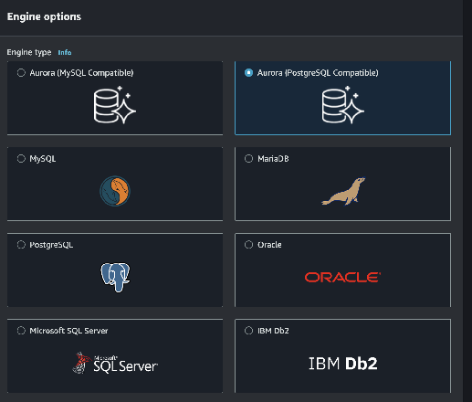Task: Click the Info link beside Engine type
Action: coord(65,52)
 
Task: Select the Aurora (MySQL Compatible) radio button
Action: coord(21,73)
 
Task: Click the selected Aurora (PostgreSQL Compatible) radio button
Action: coord(248,73)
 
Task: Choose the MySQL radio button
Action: coord(21,159)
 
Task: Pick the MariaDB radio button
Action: coord(248,159)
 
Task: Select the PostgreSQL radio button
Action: coord(21,245)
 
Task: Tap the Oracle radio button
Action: coord(248,245)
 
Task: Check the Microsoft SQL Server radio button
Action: coord(21,331)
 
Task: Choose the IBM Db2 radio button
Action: coord(248,331)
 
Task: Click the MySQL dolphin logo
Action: coord(115,191)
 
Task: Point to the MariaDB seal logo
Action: coord(343,191)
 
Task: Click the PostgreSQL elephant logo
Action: coord(115,277)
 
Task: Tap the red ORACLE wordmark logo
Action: coord(342,277)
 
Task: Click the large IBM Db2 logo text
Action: coord(343,364)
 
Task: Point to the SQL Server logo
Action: coord(115,363)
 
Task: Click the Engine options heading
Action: coord(44,16)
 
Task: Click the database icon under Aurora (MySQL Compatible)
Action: coord(114,105)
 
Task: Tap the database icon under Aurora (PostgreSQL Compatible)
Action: coord(342,105)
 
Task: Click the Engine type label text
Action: coord(29,52)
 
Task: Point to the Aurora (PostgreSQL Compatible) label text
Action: coord(318,73)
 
